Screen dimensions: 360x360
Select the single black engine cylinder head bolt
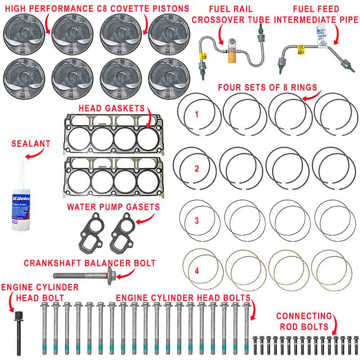[x=18, y=331]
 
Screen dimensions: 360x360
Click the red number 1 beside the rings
[x=197, y=114]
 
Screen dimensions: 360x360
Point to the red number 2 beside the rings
[x=197, y=169]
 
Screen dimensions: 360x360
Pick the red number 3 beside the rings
[x=197, y=220]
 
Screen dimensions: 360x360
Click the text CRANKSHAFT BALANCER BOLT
[x=90, y=262]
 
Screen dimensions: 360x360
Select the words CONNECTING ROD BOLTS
[x=304, y=321]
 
